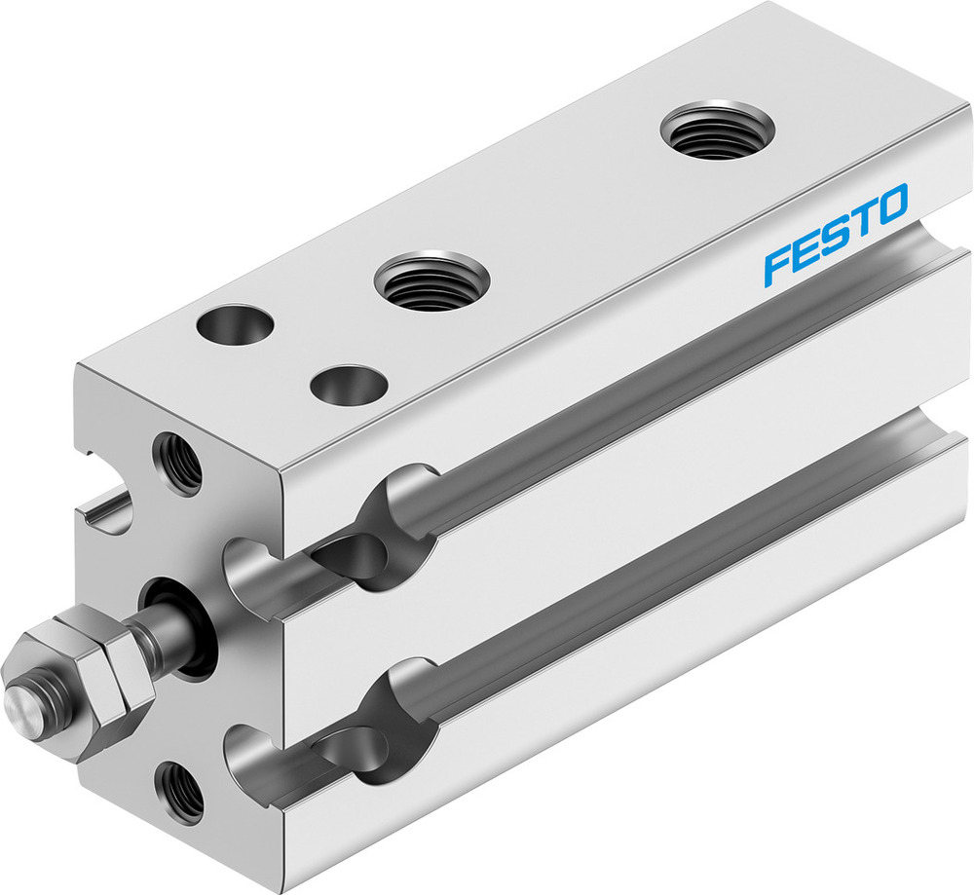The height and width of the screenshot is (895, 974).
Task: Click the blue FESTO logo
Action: pyautogui.click(x=836, y=235)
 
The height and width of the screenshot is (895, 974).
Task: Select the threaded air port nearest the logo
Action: pyautogui.click(x=717, y=130)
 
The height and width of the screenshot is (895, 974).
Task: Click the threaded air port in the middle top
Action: pyautogui.click(x=431, y=281)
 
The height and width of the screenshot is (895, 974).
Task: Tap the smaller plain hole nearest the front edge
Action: pyautogui.click(x=346, y=383)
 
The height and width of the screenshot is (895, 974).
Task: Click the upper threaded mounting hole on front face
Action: pyautogui.click(x=177, y=462)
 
